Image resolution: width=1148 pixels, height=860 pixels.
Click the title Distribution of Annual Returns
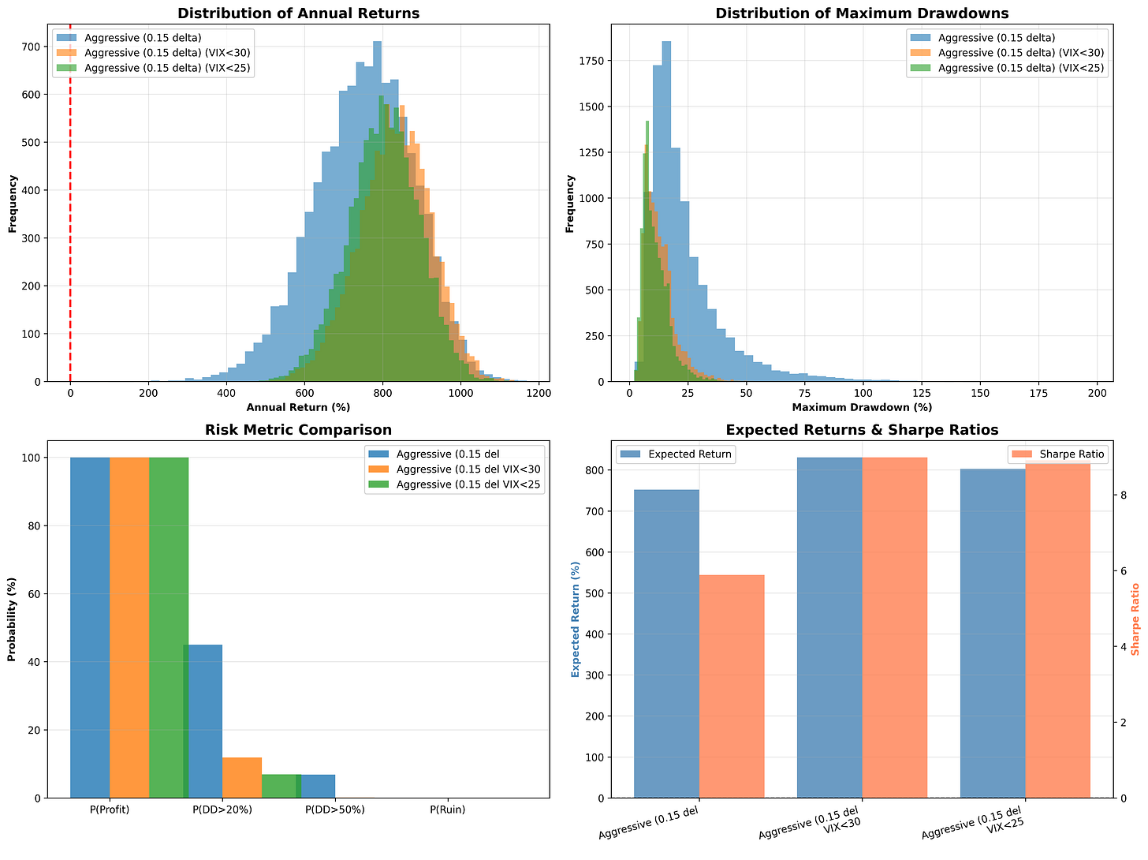[298, 13]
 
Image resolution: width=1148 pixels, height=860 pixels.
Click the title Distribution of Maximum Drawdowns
[861, 13]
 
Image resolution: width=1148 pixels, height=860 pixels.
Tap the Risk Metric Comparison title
[298, 429]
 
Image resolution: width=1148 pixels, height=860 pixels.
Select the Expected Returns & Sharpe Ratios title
[861, 429]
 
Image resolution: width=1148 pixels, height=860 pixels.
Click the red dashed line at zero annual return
[70, 203]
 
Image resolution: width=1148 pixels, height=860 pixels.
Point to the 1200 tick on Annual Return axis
[539, 393]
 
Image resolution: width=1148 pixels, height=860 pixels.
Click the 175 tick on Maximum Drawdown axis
[1038, 393]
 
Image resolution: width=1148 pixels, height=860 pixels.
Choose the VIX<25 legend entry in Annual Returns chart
[153, 68]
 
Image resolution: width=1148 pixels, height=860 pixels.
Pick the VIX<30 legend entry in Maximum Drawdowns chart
[1007, 53]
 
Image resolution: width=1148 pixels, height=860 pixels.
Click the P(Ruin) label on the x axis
[447, 810]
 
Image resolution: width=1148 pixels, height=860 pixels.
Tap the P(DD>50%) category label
[335, 810]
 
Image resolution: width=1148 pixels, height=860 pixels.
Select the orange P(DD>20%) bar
[241, 778]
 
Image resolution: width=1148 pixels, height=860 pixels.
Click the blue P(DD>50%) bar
[318, 787]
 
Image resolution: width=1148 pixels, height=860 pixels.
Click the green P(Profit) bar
[169, 628]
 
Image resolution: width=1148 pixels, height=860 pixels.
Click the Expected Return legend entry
[676, 454]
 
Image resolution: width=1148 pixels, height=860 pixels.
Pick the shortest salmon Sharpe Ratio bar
[731, 686]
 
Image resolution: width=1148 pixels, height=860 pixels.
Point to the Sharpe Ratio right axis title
[1135, 619]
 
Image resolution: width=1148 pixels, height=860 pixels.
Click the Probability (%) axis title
[12, 619]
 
